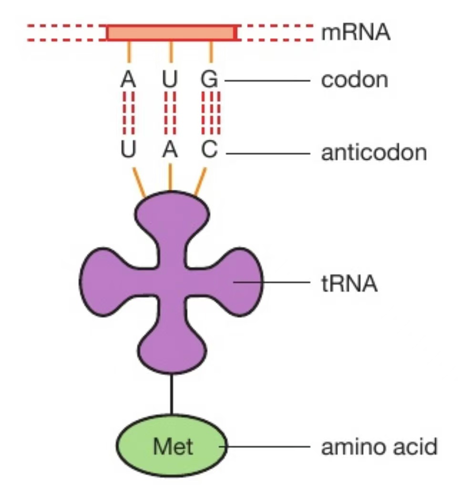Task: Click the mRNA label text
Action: click(356, 33)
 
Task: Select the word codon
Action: click(354, 80)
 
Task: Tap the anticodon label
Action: click(374, 153)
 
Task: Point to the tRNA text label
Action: click(348, 285)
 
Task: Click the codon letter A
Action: click(128, 80)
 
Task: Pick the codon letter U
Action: click(170, 80)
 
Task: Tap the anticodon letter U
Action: click(128, 152)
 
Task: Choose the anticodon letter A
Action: click(170, 152)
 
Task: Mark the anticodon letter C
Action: click(209, 152)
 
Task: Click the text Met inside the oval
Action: click(173, 447)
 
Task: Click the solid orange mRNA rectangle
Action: click(171, 33)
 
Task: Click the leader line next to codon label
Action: click(267, 81)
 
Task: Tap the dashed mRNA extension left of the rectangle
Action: click(67, 33)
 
